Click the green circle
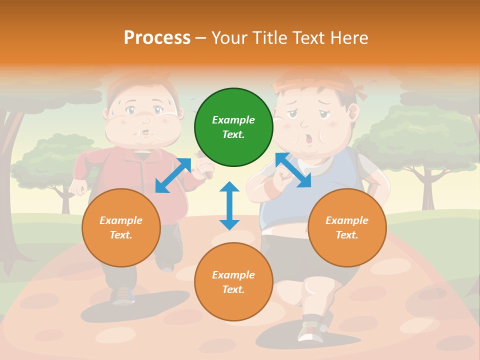tap(233, 127)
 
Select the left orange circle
tap(121, 227)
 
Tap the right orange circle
tap(347, 227)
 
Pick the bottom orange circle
tap(233, 282)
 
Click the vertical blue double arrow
tap(229, 205)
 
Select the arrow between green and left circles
tap(173, 175)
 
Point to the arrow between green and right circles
tap(293, 170)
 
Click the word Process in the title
tap(157, 38)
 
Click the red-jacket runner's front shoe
tap(123, 296)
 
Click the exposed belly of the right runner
tap(287, 229)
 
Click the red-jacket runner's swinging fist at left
tap(78, 187)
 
